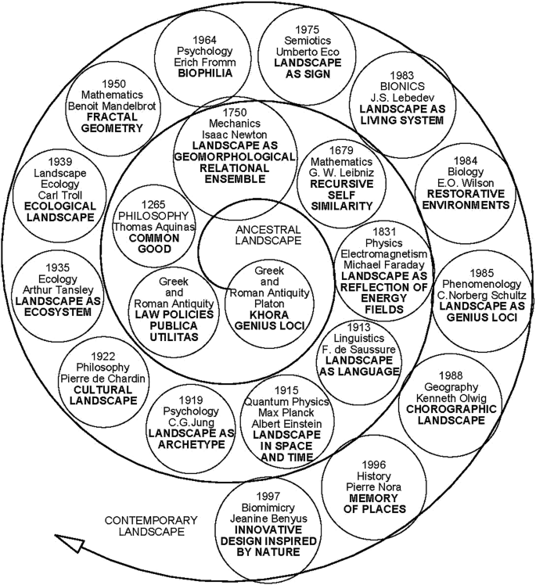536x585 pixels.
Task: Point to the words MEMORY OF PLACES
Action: click(x=376, y=502)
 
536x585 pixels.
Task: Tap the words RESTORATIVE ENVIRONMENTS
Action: click(x=469, y=199)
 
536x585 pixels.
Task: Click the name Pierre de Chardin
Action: click(x=107, y=377)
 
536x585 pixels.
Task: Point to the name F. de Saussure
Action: click(x=359, y=350)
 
